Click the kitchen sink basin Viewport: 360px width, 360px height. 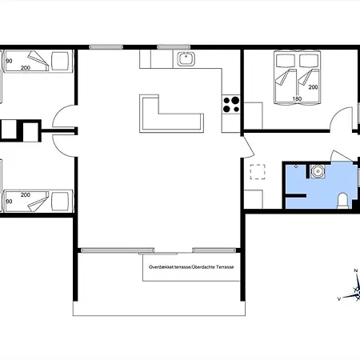186,58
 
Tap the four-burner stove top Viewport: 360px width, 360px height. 231,105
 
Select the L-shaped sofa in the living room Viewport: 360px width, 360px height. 171,114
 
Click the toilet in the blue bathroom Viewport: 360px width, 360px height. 342,201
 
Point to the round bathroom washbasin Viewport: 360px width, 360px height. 318,171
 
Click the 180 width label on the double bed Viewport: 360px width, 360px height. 297,98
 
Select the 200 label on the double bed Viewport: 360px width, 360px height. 313,87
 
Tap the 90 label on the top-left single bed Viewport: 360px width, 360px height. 9,61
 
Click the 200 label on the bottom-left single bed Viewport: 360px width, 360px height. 26,195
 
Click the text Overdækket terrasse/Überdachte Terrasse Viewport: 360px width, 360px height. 191,267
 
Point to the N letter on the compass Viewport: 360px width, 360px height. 356,270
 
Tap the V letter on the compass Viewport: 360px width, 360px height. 339,299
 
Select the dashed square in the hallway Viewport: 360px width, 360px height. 258,172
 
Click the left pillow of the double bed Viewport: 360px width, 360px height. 286,61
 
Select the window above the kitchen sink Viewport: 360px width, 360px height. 174,47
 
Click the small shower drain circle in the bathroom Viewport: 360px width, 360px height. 296,166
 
